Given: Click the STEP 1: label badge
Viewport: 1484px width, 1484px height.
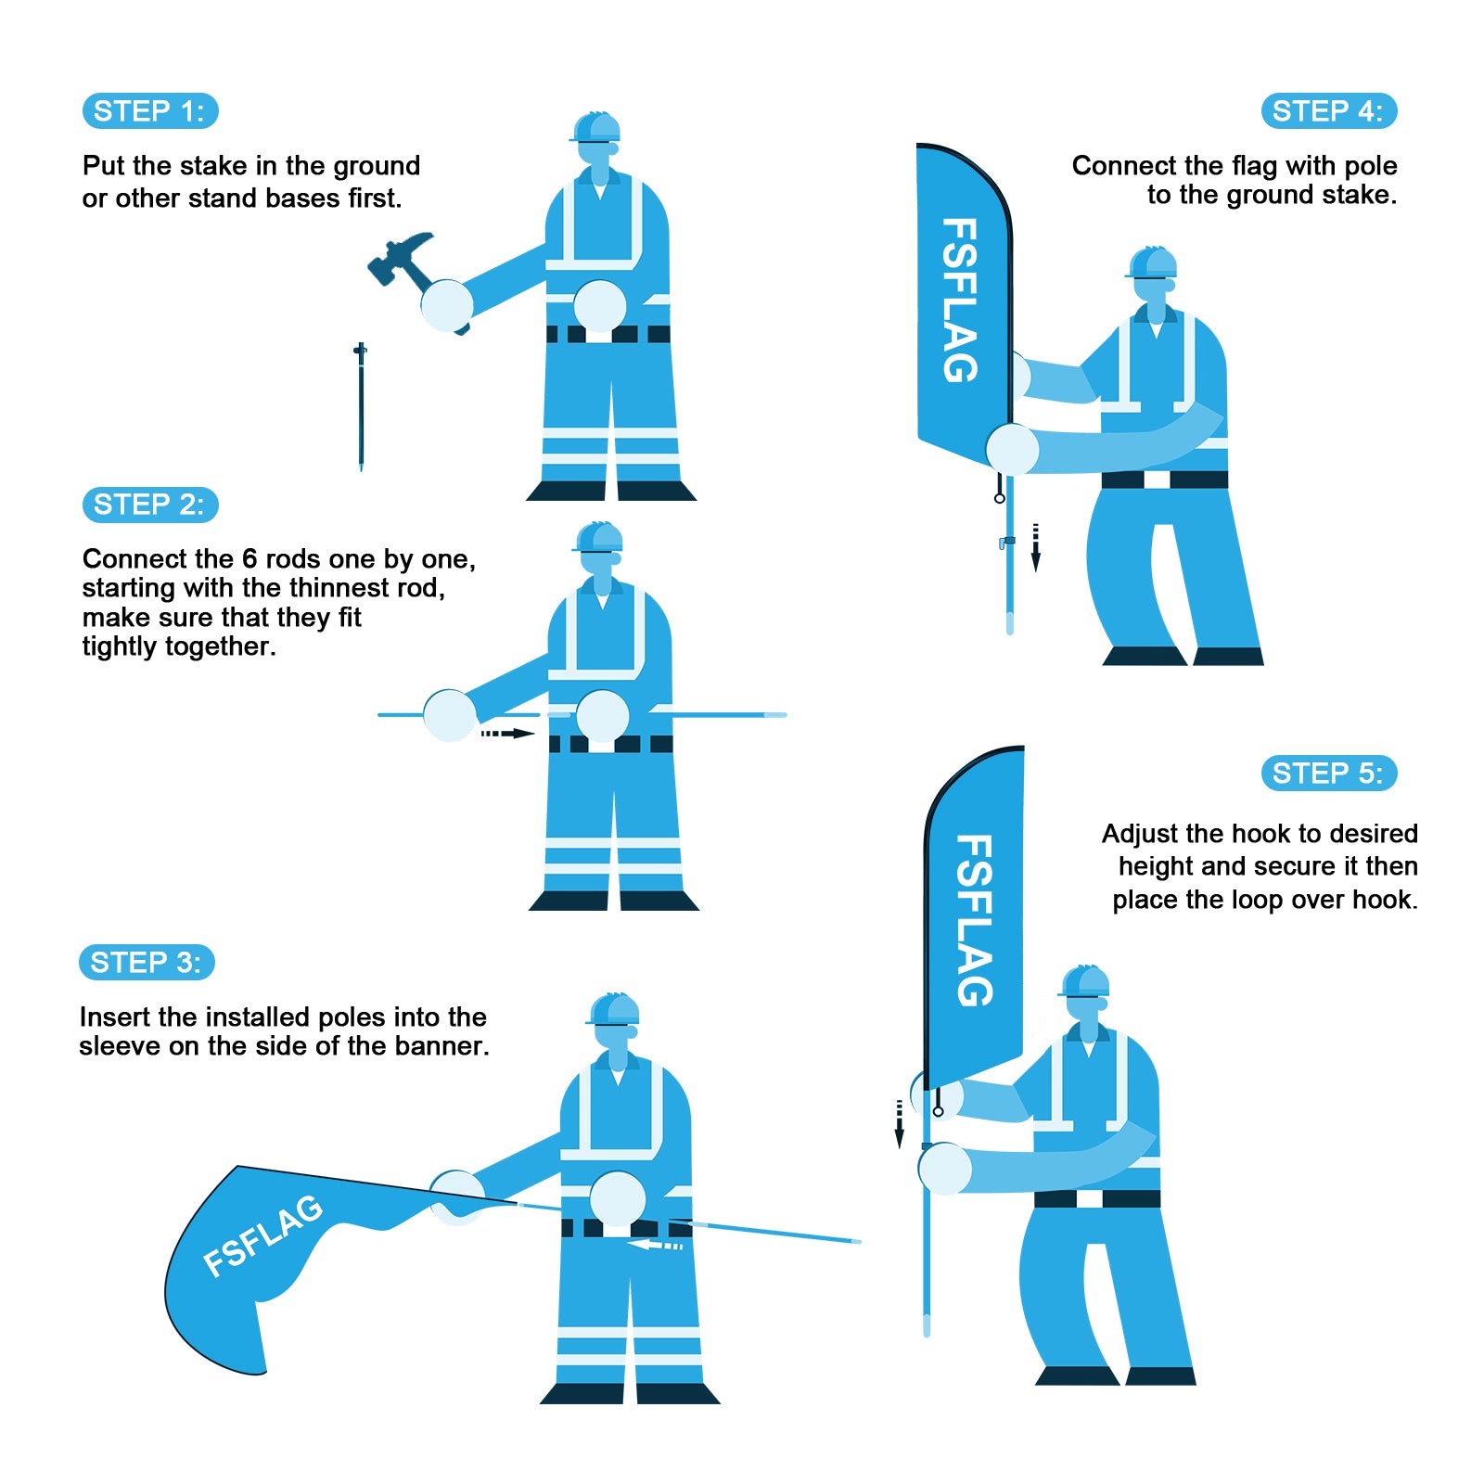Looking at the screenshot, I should [x=150, y=111].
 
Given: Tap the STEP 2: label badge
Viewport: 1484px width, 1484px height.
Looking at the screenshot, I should [x=150, y=505].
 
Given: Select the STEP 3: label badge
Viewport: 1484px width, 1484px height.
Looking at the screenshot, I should [x=147, y=963].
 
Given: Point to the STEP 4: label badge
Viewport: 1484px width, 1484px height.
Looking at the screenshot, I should [x=1328, y=111].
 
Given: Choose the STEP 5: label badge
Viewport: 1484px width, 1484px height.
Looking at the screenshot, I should [x=1328, y=774].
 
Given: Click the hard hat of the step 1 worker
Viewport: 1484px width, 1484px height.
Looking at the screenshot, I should [x=596, y=127].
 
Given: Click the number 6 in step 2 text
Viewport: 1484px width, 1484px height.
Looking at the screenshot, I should [x=249, y=559].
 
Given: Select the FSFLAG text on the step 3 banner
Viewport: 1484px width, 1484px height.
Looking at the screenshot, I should [x=263, y=1236].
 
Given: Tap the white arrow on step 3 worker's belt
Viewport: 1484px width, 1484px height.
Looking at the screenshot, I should [x=654, y=1245].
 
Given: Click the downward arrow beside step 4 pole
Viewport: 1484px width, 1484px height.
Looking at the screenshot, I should [x=1036, y=548].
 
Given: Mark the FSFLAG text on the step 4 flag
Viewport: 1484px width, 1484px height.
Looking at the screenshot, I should [x=961, y=300].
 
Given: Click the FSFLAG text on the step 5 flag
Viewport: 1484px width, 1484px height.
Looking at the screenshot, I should [x=975, y=920].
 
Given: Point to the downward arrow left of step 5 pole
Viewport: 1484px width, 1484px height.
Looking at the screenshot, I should [x=899, y=1124].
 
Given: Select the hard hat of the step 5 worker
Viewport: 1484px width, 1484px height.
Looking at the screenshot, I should [x=1085, y=981].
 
